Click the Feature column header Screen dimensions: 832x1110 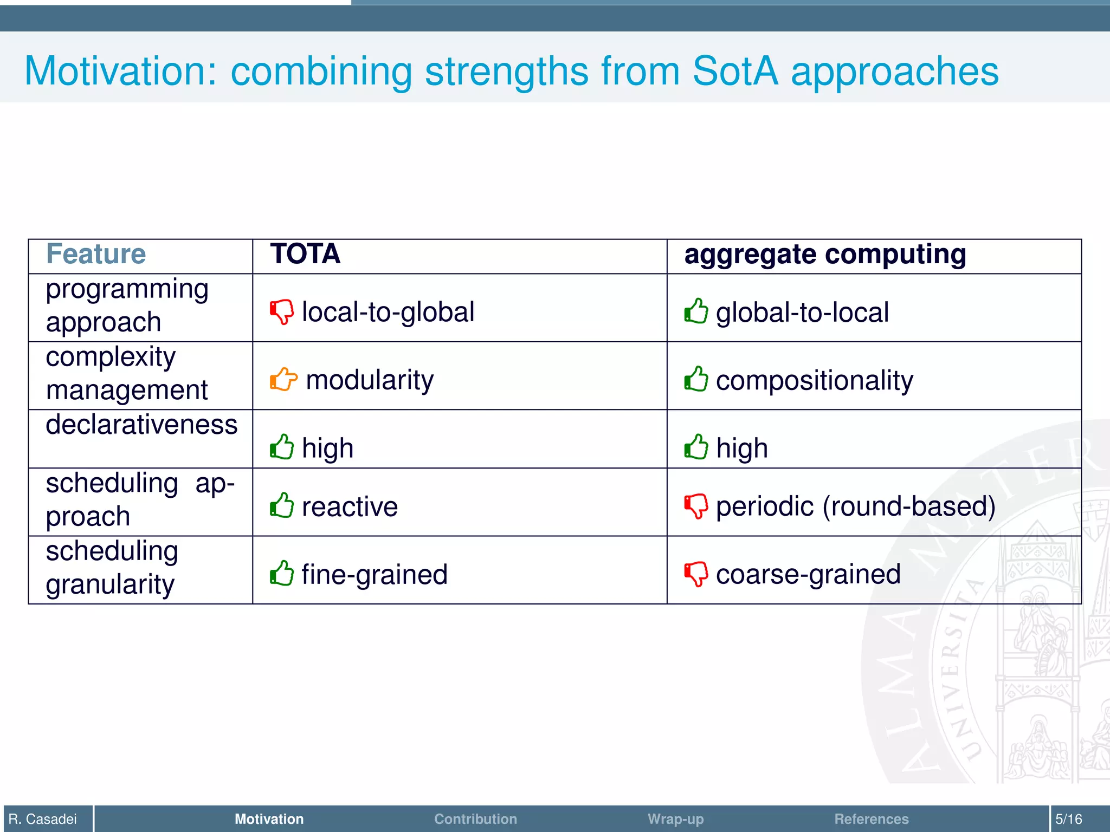coord(96,254)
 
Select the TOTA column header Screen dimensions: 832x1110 coord(305,254)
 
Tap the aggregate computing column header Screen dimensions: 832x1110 coord(825,255)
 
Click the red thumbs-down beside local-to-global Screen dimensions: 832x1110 coord(282,312)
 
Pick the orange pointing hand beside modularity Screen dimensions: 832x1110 coord(283,379)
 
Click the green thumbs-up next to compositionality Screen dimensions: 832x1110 coord(696,379)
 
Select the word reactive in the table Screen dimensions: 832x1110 coord(350,507)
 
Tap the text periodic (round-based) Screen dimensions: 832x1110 coord(855,506)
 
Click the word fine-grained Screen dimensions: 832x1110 coord(375,574)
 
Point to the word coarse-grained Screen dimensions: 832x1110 coord(808,574)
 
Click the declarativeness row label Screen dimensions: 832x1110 coord(141,425)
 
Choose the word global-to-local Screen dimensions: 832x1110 coord(802,313)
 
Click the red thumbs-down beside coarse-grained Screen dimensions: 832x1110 coord(696,574)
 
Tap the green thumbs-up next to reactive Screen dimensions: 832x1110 coord(282,506)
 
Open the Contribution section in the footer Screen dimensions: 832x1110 coord(475,819)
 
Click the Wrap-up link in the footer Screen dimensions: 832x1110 coord(675,819)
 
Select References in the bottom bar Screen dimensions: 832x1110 coord(871,819)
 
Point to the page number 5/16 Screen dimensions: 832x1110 coord(1068,819)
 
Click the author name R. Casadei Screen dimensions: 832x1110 coord(43,819)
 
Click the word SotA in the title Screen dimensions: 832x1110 coord(735,71)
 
